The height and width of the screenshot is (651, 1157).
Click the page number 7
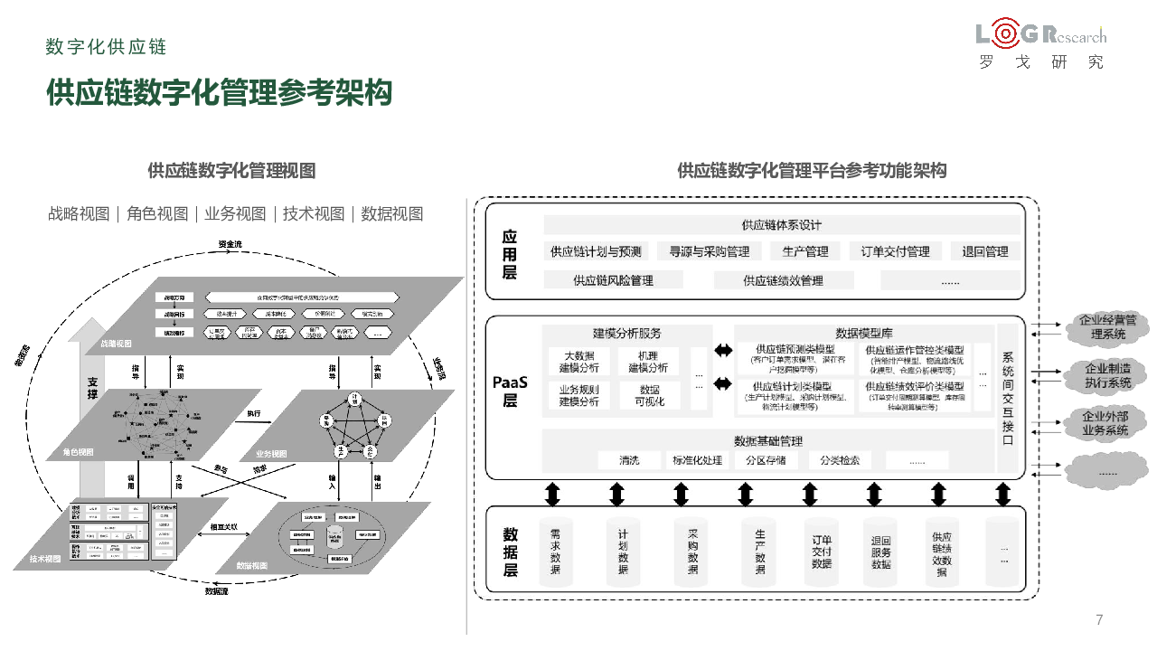tap(1099, 619)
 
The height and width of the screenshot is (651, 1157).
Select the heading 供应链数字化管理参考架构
tap(219, 93)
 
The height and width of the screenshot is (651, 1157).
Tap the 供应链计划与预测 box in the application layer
tap(596, 251)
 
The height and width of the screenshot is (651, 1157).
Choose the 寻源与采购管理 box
tap(703, 251)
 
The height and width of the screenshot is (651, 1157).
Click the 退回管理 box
tap(984, 251)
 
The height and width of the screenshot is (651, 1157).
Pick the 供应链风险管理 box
tap(613, 280)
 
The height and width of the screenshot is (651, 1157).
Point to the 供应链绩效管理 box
tap(783, 280)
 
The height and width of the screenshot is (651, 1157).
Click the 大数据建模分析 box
tap(578, 362)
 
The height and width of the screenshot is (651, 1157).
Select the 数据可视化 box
tap(648, 395)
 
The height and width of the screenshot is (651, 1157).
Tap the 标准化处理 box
tap(697, 460)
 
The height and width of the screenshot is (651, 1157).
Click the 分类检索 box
tap(840, 460)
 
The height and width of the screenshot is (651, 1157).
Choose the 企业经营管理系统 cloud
tap(1107, 327)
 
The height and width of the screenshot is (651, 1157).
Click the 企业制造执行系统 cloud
tap(1107, 375)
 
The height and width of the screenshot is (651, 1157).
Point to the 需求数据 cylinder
tap(555, 551)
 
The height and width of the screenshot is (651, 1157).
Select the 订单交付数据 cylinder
tap(821, 551)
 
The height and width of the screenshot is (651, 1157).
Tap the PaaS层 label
tap(510, 392)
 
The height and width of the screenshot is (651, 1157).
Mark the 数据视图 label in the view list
tap(391, 214)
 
